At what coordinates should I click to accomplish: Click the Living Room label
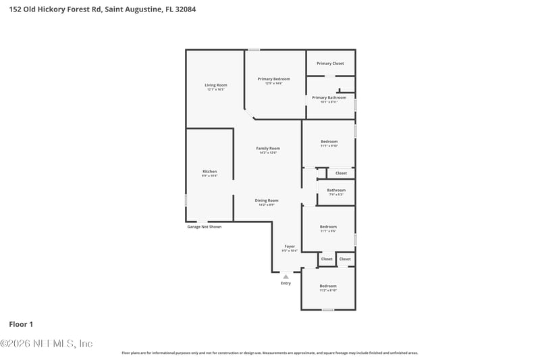coord(216,85)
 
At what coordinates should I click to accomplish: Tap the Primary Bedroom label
coord(273,79)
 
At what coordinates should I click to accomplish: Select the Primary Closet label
coord(330,63)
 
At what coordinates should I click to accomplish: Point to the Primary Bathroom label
coord(329,97)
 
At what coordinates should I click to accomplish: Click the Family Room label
coord(268,148)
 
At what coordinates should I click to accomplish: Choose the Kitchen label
coord(209,172)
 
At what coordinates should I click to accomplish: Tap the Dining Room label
coord(267,201)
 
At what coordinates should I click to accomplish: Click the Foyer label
coord(290,247)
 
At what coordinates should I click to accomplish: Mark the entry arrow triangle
coord(286,276)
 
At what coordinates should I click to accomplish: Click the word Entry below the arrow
coord(286,283)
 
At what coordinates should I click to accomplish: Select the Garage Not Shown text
coord(204,227)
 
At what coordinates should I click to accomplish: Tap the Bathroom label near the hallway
coord(336,190)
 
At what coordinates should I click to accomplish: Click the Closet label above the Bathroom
coord(341,173)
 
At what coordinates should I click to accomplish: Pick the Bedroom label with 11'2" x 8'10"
coord(328,286)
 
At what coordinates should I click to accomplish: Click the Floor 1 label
coord(21,324)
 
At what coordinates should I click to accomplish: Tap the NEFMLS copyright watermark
coord(47,344)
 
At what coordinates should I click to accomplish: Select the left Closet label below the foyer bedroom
coord(327,259)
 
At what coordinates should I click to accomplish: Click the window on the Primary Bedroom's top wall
coord(254,49)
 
